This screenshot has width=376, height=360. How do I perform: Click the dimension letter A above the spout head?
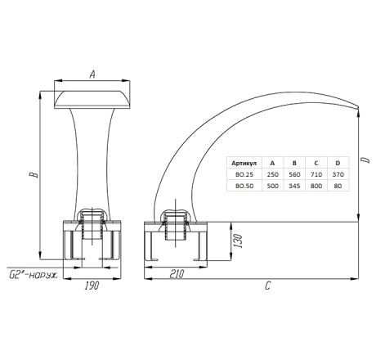point(92,74)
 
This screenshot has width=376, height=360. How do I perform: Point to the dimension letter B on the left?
point(34,174)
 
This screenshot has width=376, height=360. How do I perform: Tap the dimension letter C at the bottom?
point(268,286)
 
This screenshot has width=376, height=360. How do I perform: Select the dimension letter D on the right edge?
point(367,160)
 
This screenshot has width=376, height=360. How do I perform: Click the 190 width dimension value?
point(92,286)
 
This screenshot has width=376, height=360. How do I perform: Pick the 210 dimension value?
point(177,274)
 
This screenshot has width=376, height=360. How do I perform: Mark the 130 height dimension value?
point(238,241)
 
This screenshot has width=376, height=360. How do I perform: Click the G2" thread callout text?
point(34,275)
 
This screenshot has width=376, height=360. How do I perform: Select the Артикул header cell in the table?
point(244,163)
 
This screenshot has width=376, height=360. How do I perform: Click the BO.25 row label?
point(244,174)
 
